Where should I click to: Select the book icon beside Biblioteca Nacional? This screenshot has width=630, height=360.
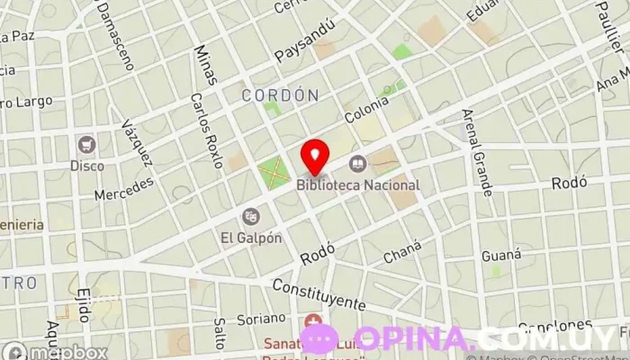357,164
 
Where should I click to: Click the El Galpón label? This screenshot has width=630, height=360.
251,238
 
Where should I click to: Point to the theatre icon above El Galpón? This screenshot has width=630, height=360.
251,216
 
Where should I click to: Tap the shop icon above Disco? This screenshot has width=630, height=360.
86,144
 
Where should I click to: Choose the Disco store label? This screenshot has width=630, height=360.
87,166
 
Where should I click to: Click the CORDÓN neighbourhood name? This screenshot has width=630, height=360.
281,94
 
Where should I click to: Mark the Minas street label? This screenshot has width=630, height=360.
205,65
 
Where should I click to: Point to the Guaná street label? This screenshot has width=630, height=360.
501,256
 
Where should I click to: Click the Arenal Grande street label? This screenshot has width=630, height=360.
477,152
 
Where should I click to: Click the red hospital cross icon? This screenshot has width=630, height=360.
313,321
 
